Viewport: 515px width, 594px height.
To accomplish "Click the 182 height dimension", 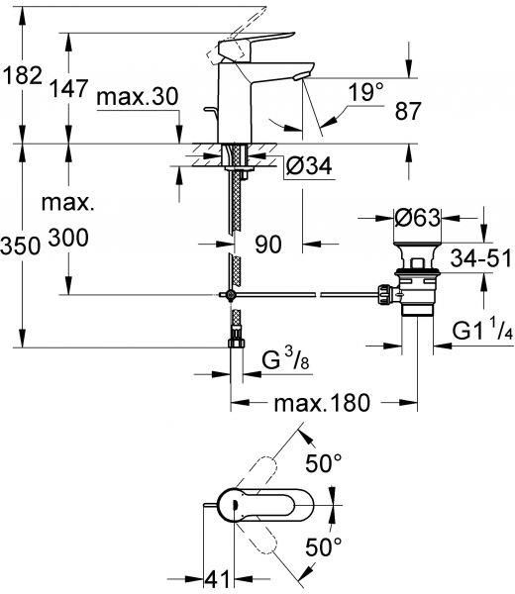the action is (x=23, y=76).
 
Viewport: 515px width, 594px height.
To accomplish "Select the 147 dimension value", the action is (x=69, y=88).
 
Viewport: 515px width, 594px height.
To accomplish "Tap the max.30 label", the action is (x=138, y=97).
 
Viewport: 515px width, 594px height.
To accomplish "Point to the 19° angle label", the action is (x=365, y=92).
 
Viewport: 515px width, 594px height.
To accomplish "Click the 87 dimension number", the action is (x=408, y=111).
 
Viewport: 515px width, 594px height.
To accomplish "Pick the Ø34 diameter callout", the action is (x=309, y=165).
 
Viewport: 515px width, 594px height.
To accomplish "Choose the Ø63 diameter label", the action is (x=418, y=218).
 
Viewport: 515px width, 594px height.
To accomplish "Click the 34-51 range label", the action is (x=481, y=258).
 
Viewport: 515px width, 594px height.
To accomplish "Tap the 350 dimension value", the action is (x=20, y=246).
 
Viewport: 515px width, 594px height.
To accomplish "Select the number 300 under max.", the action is (x=68, y=238).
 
